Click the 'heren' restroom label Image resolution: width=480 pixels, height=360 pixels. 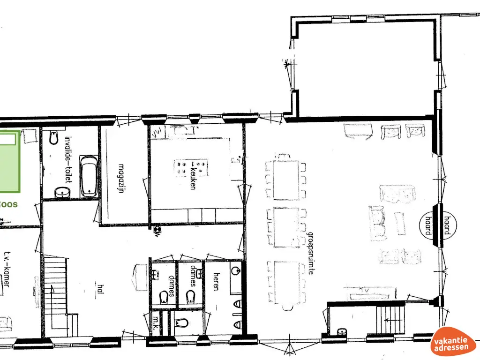coord(216,281)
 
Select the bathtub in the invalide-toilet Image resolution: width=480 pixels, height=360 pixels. coord(89,176)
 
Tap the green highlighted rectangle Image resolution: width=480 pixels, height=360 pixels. coord(9,162)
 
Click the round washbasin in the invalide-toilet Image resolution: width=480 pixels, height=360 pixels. coord(61,192)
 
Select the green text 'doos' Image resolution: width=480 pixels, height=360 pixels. coord(9,204)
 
